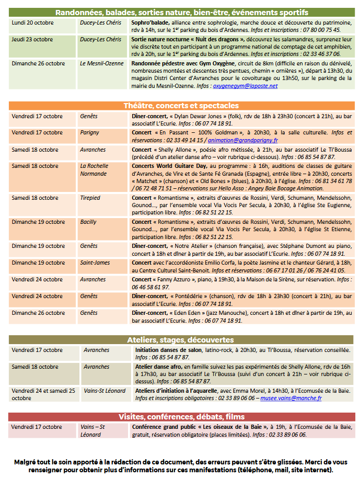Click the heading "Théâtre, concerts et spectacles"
(x=181, y=105)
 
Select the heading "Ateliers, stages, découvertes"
(x=181, y=340)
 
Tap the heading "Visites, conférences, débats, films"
(x=181, y=417)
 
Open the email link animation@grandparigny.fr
(x=242, y=140)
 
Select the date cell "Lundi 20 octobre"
(x=33, y=23)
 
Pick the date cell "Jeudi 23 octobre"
(x=32, y=39)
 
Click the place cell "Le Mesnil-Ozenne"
(x=102, y=63)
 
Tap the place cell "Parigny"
(x=90, y=133)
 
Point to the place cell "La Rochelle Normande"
(x=94, y=169)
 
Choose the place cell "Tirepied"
(x=91, y=198)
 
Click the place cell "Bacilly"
(x=88, y=222)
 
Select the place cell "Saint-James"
(x=95, y=263)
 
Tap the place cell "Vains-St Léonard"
(x=104, y=391)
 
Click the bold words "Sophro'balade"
(x=150, y=23)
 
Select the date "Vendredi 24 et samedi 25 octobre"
(x=43, y=394)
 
